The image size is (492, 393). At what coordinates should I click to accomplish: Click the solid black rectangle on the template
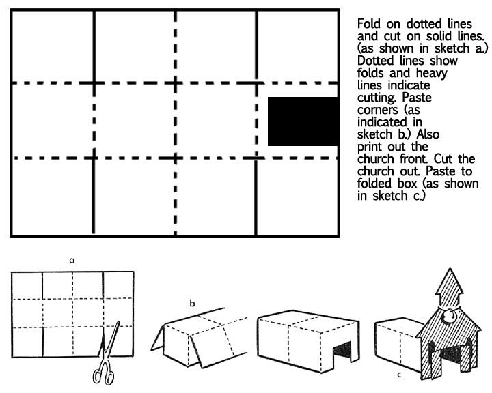[x=303, y=121]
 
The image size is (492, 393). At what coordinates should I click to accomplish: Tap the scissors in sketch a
[x=107, y=353]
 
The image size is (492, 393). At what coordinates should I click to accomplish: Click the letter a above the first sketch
[x=72, y=261]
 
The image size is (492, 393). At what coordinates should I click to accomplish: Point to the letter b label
[x=192, y=303]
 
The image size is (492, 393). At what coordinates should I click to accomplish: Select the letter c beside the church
[x=399, y=375]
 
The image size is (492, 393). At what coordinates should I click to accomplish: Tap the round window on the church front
[x=449, y=316]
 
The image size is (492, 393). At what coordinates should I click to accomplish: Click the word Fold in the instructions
[x=369, y=24]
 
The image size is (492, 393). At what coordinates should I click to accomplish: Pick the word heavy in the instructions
[x=431, y=74]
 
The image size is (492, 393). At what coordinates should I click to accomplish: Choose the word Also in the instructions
[x=428, y=134]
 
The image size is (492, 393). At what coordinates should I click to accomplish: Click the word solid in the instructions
[x=440, y=36]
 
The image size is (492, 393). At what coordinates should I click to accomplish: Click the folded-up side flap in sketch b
[x=158, y=338]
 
